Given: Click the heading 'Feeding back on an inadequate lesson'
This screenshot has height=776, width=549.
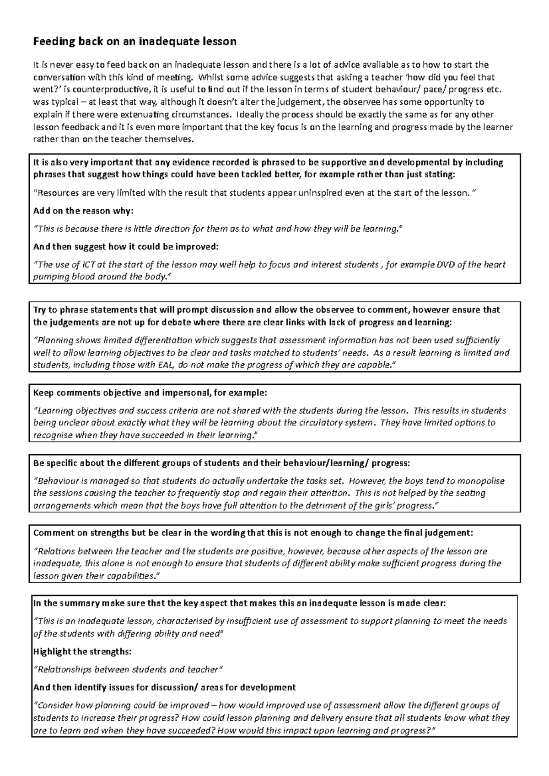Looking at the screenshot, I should tap(135, 42).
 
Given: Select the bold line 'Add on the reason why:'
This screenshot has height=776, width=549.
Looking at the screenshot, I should tap(83, 211).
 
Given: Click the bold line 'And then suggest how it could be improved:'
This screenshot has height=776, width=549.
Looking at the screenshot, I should tap(126, 247).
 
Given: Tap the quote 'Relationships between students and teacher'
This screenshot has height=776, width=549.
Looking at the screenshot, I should tap(128, 670).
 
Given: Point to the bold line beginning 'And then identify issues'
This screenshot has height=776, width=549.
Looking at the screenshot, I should tap(165, 687).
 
